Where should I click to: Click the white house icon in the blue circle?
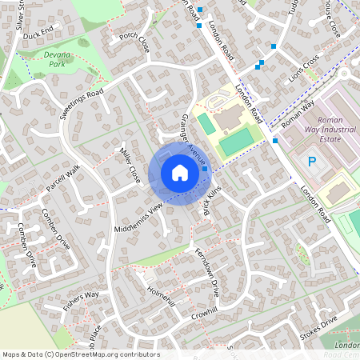coord(179,172)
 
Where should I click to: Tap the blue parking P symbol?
coord(313,162)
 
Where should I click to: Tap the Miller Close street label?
coord(129,163)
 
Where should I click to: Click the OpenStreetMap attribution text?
coord(81,354)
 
